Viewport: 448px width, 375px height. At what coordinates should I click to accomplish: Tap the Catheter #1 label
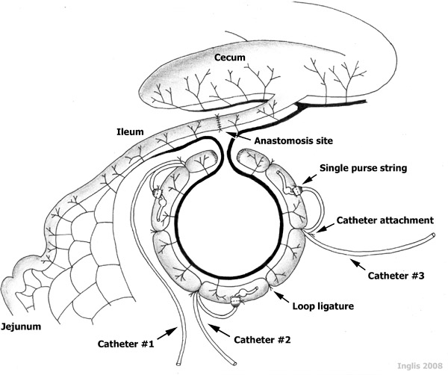point(125,344)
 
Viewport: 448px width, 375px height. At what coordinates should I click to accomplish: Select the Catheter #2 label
point(261,340)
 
